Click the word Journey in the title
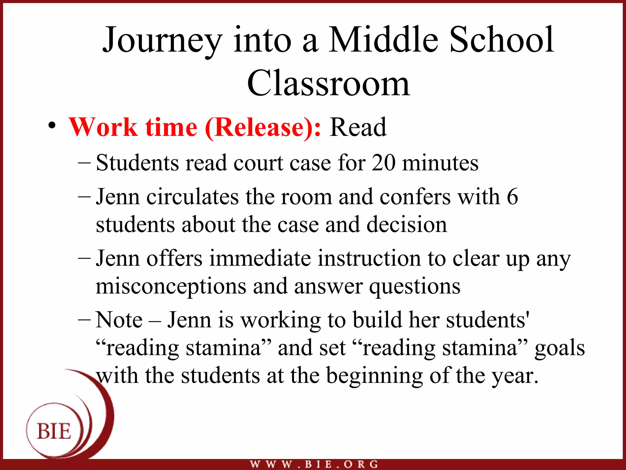tap(162, 40)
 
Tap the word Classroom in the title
tap(328, 83)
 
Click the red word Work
tap(103, 127)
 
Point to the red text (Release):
tap(263, 128)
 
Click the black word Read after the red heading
tap(358, 127)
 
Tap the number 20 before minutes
tap(383, 163)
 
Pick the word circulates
tap(193, 197)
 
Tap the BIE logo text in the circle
tap(54, 431)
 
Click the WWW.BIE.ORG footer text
tap(314, 464)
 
